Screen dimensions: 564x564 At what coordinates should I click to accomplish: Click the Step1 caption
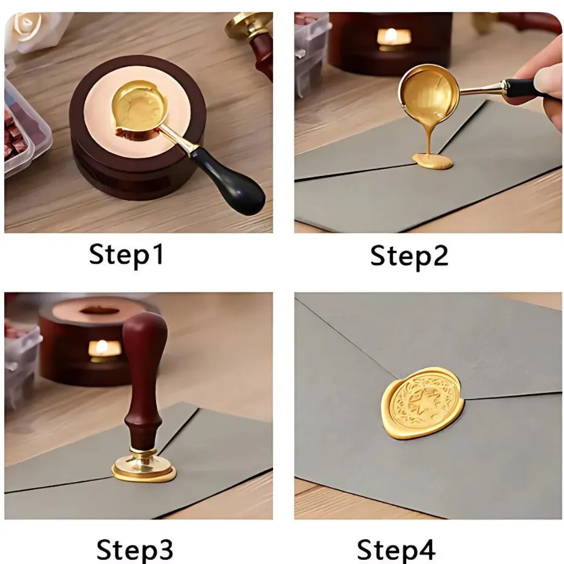click(126, 255)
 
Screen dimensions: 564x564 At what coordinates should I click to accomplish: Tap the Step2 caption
click(409, 256)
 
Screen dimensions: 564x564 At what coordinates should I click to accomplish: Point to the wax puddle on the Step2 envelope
click(432, 161)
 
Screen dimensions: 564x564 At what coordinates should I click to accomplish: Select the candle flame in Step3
click(102, 347)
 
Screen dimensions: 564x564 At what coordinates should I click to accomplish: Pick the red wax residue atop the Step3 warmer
click(99, 310)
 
